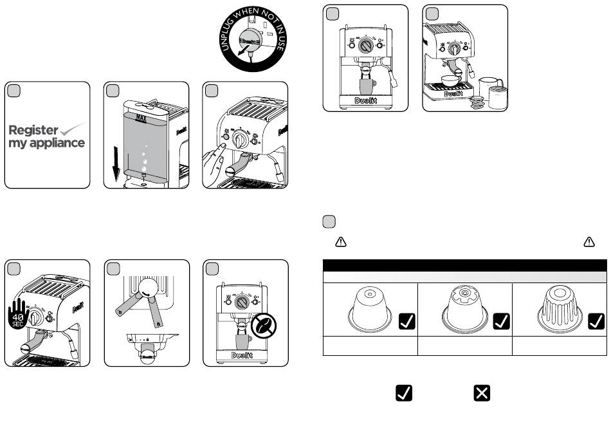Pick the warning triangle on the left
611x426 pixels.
click(x=341, y=242)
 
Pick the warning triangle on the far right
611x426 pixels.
click(x=588, y=242)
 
